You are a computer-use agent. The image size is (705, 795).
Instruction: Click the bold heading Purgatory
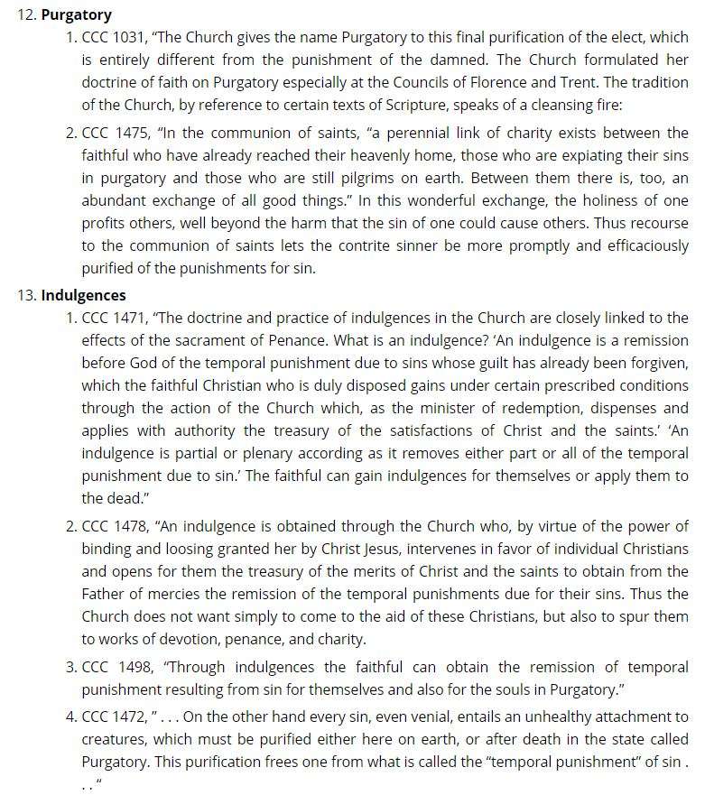pos(77,14)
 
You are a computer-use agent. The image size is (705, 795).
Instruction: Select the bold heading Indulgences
pos(83,295)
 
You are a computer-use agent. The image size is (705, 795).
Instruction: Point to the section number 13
pos(25,295)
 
